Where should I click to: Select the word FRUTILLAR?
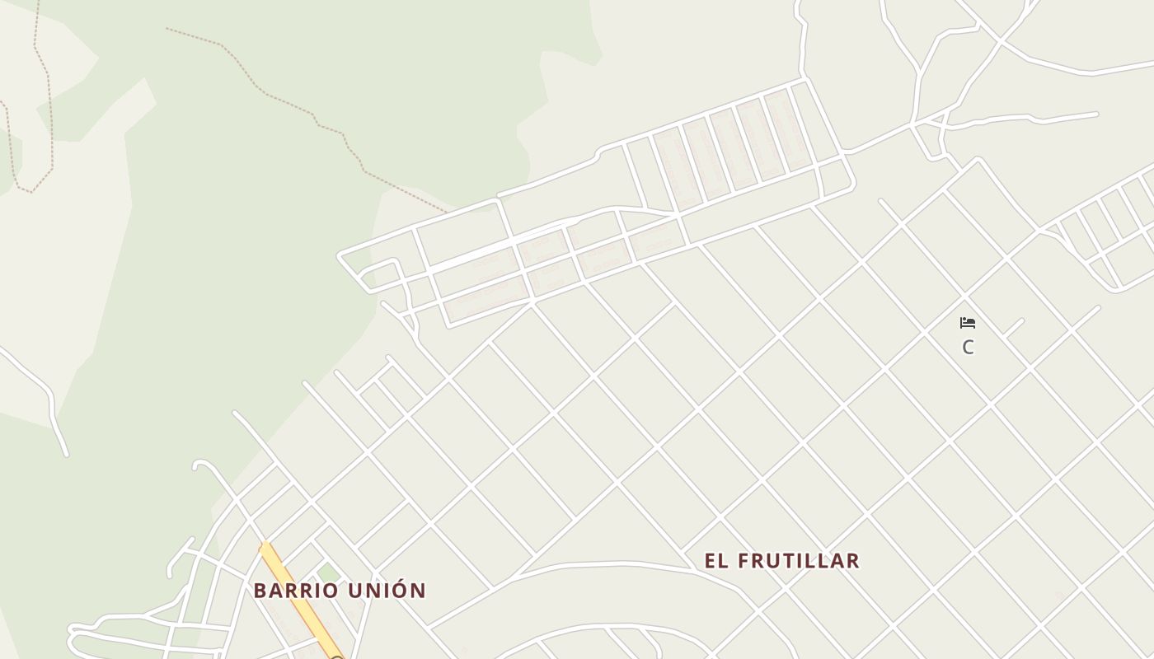pyautogui.click(x=798, y=561)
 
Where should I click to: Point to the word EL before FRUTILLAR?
pyautogui.click(x=716, y=561)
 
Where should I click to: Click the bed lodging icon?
pyautogui.click(x=968, y=322)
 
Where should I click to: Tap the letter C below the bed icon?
pyautogui.click(x=968, y=348)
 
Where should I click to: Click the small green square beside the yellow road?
pyautogui.click(x=329, y=572)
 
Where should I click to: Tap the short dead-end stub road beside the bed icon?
pyautogui.click(x=1014, y=327)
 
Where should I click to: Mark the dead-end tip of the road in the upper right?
pyautogui.click(x=1096, y=115)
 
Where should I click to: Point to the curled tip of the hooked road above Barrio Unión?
pyautogui.click(x=197, y=466)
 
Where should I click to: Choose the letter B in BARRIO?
pyautogui.click(x=260, y=591)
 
